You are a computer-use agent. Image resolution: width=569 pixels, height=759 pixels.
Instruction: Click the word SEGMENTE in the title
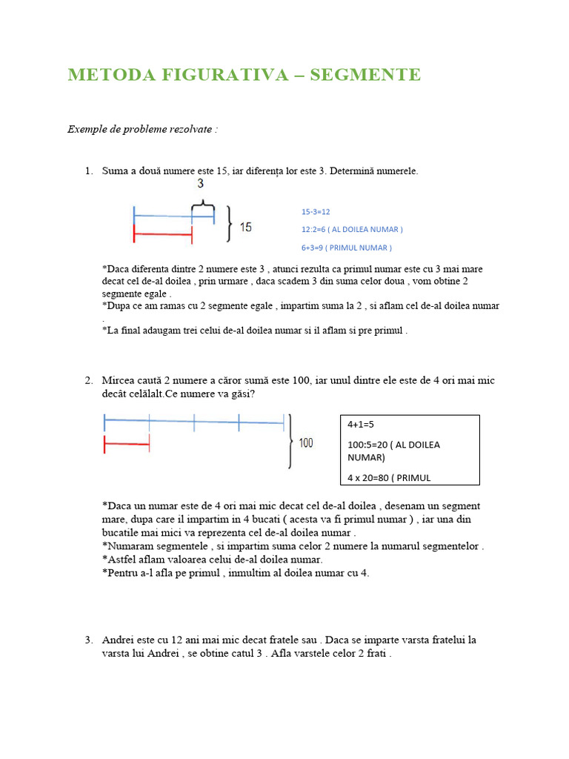(x=374, y=75)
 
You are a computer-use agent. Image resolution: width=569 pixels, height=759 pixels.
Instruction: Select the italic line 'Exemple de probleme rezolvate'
(x=142, y=129)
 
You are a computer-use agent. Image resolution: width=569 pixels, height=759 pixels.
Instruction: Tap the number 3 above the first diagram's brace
(x=200, y=184)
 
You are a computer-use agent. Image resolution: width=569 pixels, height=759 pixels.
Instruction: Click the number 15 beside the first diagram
(x=244, y=227)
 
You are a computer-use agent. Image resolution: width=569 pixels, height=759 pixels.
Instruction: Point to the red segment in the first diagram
(x=162, y=236)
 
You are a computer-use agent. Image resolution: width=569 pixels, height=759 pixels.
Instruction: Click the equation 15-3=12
(x=315, y=212)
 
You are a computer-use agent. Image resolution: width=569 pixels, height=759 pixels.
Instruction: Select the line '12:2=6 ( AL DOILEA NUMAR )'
(x=351, y=230)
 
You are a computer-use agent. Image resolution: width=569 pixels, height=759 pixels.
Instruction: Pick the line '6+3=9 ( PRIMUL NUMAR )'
(x=346, y=248)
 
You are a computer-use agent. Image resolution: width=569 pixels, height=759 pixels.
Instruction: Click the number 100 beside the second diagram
(x=305, y=443)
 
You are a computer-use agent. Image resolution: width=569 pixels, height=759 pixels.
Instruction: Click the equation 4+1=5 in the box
(x=362, y=425)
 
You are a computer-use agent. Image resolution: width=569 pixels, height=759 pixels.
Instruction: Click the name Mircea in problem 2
(x=118, y=380)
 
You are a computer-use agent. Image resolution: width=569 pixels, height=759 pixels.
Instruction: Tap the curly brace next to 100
(x=289, y=442)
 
